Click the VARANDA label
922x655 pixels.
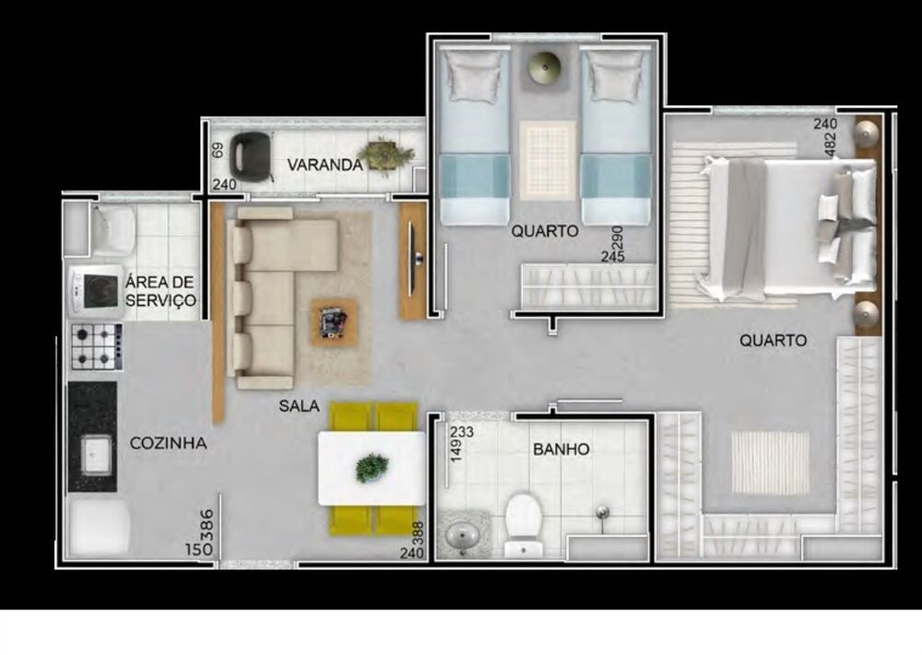[325, 165]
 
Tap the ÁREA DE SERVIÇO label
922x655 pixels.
[160, 291]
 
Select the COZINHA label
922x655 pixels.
[168, 443]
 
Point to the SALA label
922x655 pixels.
[300, 405]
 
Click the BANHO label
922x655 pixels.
[561, 450]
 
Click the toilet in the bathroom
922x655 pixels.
[523, 524]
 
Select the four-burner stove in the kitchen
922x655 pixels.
[97, 346]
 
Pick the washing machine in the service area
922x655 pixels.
[95, 291]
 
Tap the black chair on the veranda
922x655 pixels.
[251, 157]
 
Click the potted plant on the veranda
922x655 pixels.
[385, 156]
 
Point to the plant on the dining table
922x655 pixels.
[372, 468]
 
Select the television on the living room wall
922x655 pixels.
[414, 259]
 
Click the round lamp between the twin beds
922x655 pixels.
[545, 67]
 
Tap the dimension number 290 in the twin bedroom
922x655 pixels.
[617, 238]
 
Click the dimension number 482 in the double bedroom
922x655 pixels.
[831, 145]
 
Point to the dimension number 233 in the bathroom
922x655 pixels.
[462, 432]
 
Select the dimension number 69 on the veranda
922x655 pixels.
[217, 150]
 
